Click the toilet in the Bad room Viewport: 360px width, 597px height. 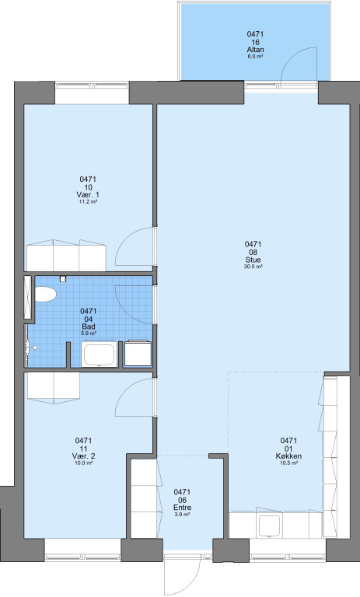(x=46, y=295)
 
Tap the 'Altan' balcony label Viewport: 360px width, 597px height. (x=255, y=50)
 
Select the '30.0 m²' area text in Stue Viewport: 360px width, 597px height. (x=253, y=267)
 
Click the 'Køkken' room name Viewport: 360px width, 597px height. (x=288, y=456)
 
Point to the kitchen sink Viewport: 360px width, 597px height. (x=270, y=525)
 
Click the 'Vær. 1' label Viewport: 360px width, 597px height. (x=88, y=194)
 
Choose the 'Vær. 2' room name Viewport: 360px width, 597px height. (x=83, y=456)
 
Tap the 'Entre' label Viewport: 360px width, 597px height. (x=182, y=508)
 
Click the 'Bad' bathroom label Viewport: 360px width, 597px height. (x=89, y=326)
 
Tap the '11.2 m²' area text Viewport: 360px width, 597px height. (x=88, y=202)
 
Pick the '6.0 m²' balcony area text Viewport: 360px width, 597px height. (x=255, y=56)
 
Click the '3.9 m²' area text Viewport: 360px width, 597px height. (x=182, y=515)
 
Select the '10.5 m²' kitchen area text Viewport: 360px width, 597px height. (x=288, y=463)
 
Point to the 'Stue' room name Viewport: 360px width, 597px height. (x=253, y=260)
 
